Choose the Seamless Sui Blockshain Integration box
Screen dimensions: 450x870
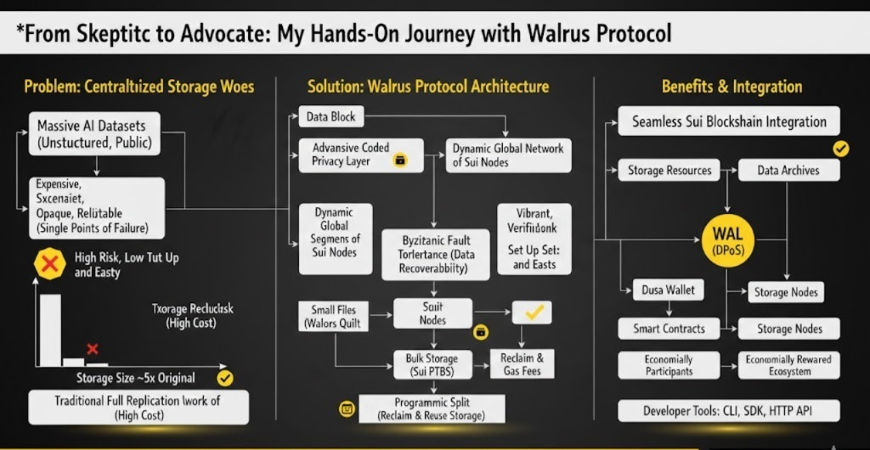point(729,121)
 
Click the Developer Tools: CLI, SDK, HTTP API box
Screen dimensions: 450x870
point(729,412)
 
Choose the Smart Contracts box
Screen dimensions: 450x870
point(669,329)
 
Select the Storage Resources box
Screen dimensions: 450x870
point(669,170)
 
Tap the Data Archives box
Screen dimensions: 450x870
point(788,170)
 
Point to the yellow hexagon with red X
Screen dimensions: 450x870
point(49,264)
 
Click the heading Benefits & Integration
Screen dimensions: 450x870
point(732,87)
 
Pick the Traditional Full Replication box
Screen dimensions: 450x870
point(138,408)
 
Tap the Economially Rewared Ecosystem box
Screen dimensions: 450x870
point(788,365)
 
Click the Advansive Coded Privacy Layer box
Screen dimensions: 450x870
point(361,155)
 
